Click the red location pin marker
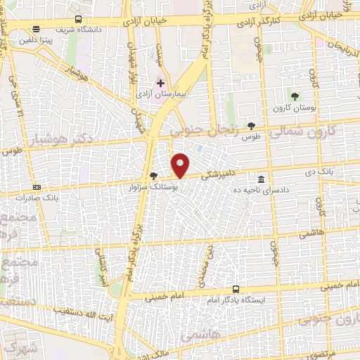point(181,165)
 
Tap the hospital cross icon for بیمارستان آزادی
point(161,84)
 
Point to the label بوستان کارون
point(293,107)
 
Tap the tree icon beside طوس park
point(252,125)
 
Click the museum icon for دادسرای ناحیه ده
point(261,179)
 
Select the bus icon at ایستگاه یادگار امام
point(235,289)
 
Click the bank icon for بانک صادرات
point(37,187)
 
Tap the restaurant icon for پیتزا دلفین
point(37,29)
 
